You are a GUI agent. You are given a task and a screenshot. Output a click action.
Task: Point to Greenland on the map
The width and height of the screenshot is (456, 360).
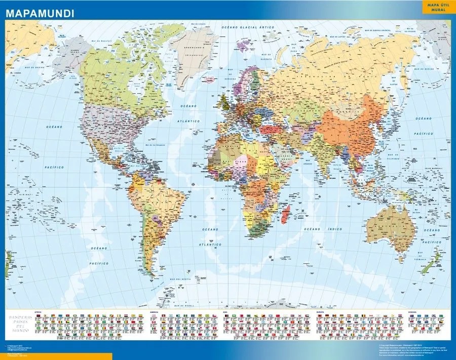tap(193, 51)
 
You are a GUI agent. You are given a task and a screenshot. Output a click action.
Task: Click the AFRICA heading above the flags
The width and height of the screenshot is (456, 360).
tap(37, 312)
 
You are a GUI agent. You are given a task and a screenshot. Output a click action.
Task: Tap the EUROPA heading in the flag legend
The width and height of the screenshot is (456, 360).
tap(320, 312)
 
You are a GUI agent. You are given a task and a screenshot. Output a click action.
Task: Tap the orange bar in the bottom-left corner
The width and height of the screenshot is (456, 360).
tap(56, 356)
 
